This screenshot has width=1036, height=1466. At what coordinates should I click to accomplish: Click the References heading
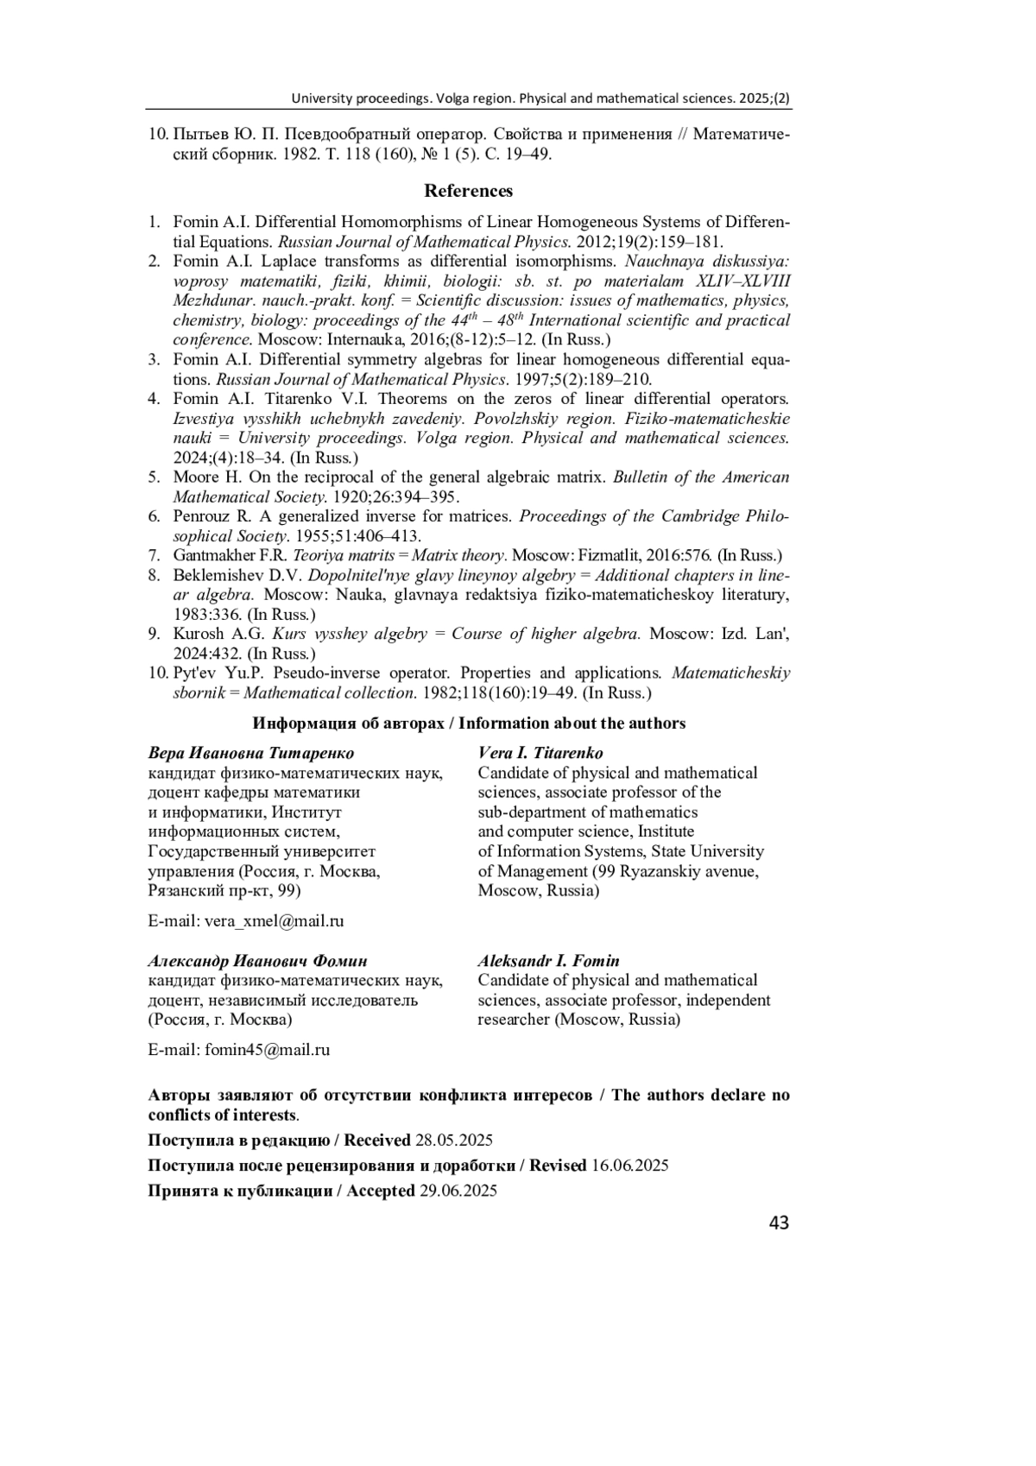468,191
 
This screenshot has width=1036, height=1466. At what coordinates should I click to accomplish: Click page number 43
778,1223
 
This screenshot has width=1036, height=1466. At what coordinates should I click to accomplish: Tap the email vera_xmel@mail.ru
274,920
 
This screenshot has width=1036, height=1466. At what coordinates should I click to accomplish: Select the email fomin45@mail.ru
267,1050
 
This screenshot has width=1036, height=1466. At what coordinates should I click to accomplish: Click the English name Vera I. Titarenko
540,753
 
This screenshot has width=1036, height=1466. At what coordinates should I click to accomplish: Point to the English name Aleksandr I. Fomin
548,961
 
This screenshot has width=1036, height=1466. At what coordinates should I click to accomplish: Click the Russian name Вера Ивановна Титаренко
251,753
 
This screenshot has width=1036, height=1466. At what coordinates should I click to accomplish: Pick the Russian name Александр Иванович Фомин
258,961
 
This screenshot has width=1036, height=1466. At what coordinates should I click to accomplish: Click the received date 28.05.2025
454,1140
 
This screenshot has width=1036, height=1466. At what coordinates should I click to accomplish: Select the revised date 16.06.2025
629,1166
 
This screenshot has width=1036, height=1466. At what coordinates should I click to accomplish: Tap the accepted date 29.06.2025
458,1191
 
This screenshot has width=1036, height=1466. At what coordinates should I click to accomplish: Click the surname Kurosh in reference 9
198,634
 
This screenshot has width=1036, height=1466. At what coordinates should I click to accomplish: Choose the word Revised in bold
558,1166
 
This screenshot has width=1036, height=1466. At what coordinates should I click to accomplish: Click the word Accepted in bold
381,1191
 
